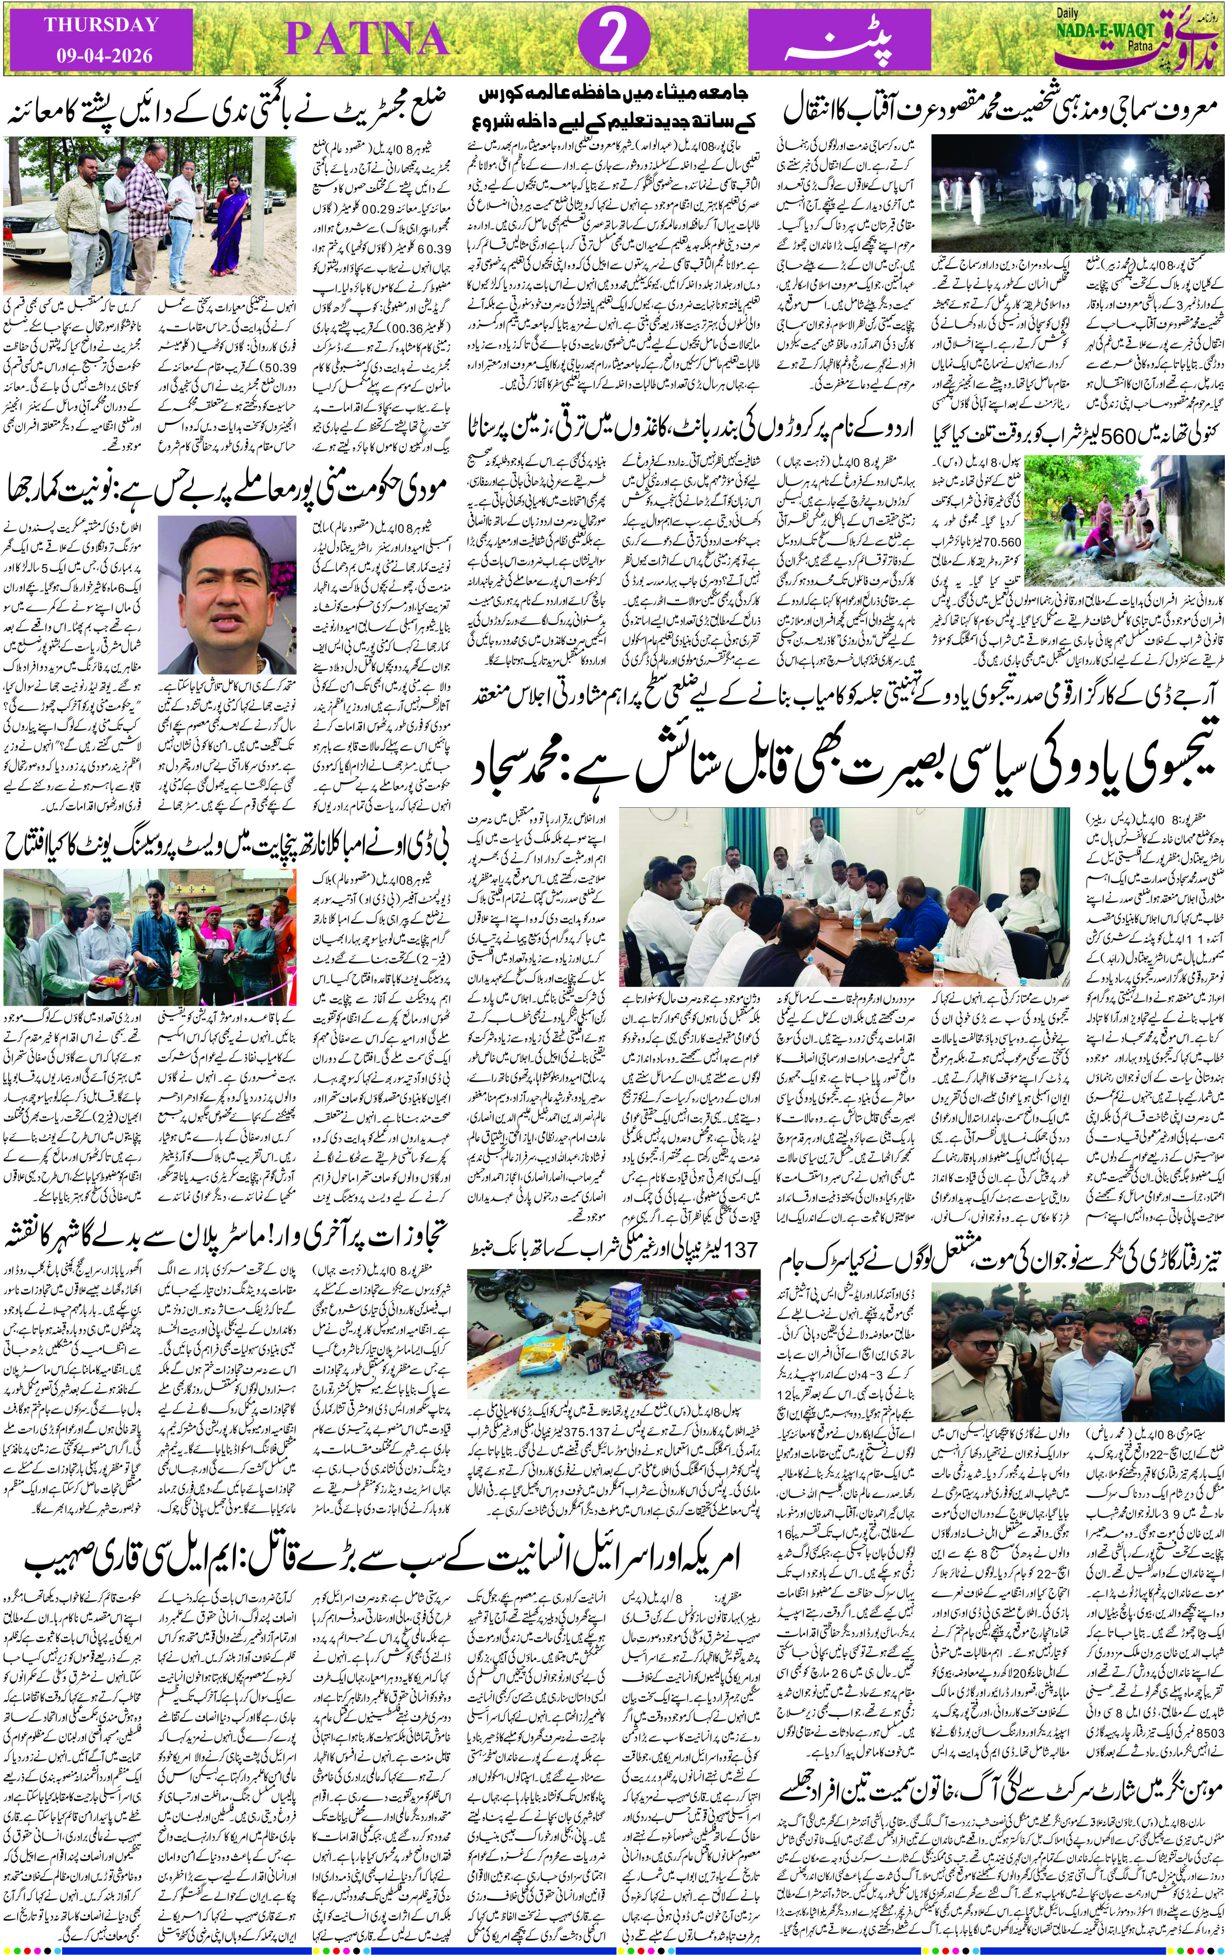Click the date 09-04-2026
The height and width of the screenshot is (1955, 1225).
101,57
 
